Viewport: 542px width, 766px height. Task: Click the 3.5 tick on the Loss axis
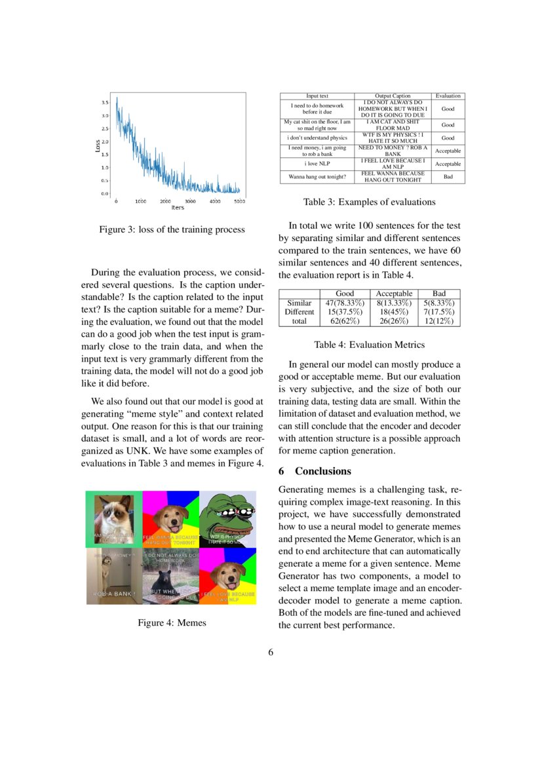point(105,103)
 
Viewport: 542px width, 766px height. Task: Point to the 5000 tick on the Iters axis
point(240,201)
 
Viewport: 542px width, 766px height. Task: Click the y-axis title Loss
point(97,147)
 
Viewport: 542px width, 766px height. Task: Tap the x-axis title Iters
point(178,208)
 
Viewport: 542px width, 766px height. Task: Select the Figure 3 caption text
point(172,229)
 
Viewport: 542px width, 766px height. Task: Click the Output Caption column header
point(392,96)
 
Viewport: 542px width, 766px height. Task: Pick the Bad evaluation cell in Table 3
point(448,177)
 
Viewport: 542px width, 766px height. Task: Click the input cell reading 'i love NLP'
point(317,164)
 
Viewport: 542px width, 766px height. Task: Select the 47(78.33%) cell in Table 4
point(345,303)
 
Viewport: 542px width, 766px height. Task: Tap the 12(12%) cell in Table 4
point(439,321)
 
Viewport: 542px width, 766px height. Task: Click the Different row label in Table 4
point(300,312)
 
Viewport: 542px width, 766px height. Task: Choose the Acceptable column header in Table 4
point(394,294)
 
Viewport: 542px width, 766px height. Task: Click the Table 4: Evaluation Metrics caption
point(369,345)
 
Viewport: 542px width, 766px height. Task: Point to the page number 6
point(271,652)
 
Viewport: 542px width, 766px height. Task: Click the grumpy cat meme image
point(114,519)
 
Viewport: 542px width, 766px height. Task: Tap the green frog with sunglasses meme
point(227,519)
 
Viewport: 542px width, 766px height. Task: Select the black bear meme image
point(170,577)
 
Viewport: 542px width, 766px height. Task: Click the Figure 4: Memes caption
point(172,622)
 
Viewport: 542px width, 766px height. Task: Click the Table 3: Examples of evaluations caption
point(369,202)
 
